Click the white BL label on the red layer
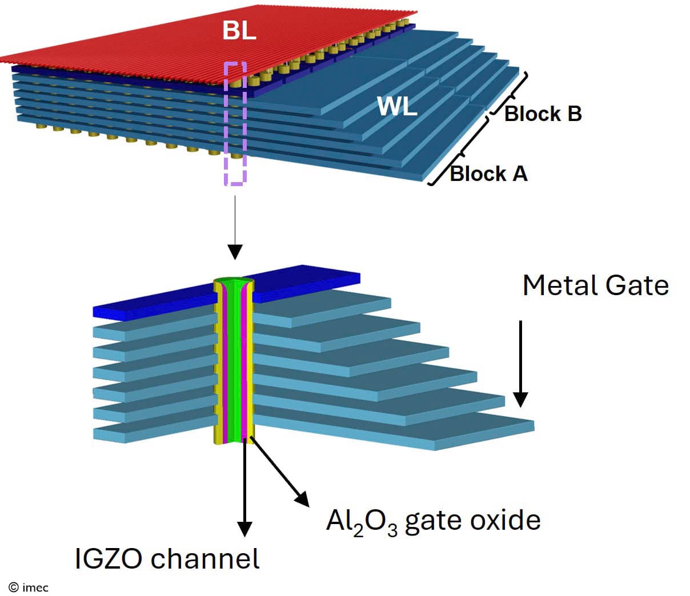click(239, 30)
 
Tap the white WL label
click(397, 106)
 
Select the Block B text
click(543, 114)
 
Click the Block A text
click(488, 173)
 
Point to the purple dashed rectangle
click(235, 123)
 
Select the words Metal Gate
click(595, 285)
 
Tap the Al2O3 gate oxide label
click(433, 520)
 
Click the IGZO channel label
click(167, 558)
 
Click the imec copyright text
click(29, 587)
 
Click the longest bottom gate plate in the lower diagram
click(400, 432)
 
